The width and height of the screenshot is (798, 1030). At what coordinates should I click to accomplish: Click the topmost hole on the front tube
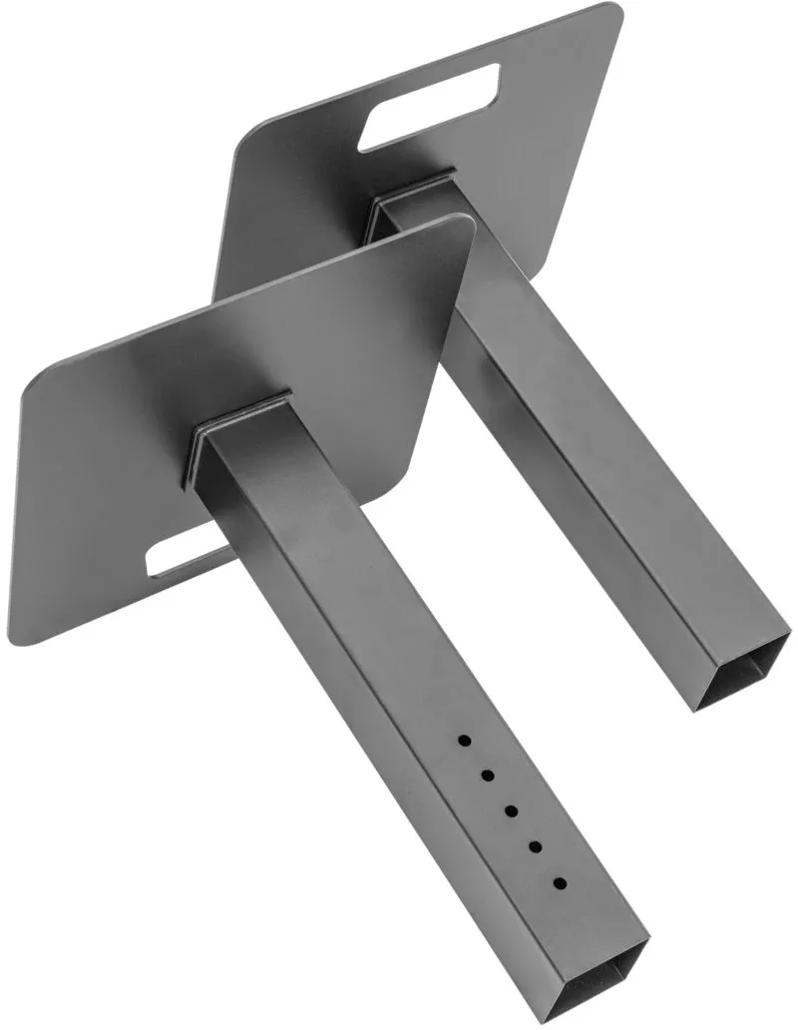(464, 741)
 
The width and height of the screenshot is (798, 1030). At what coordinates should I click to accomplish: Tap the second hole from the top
(488, 774)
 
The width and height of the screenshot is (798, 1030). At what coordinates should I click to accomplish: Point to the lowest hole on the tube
(560, 883)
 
